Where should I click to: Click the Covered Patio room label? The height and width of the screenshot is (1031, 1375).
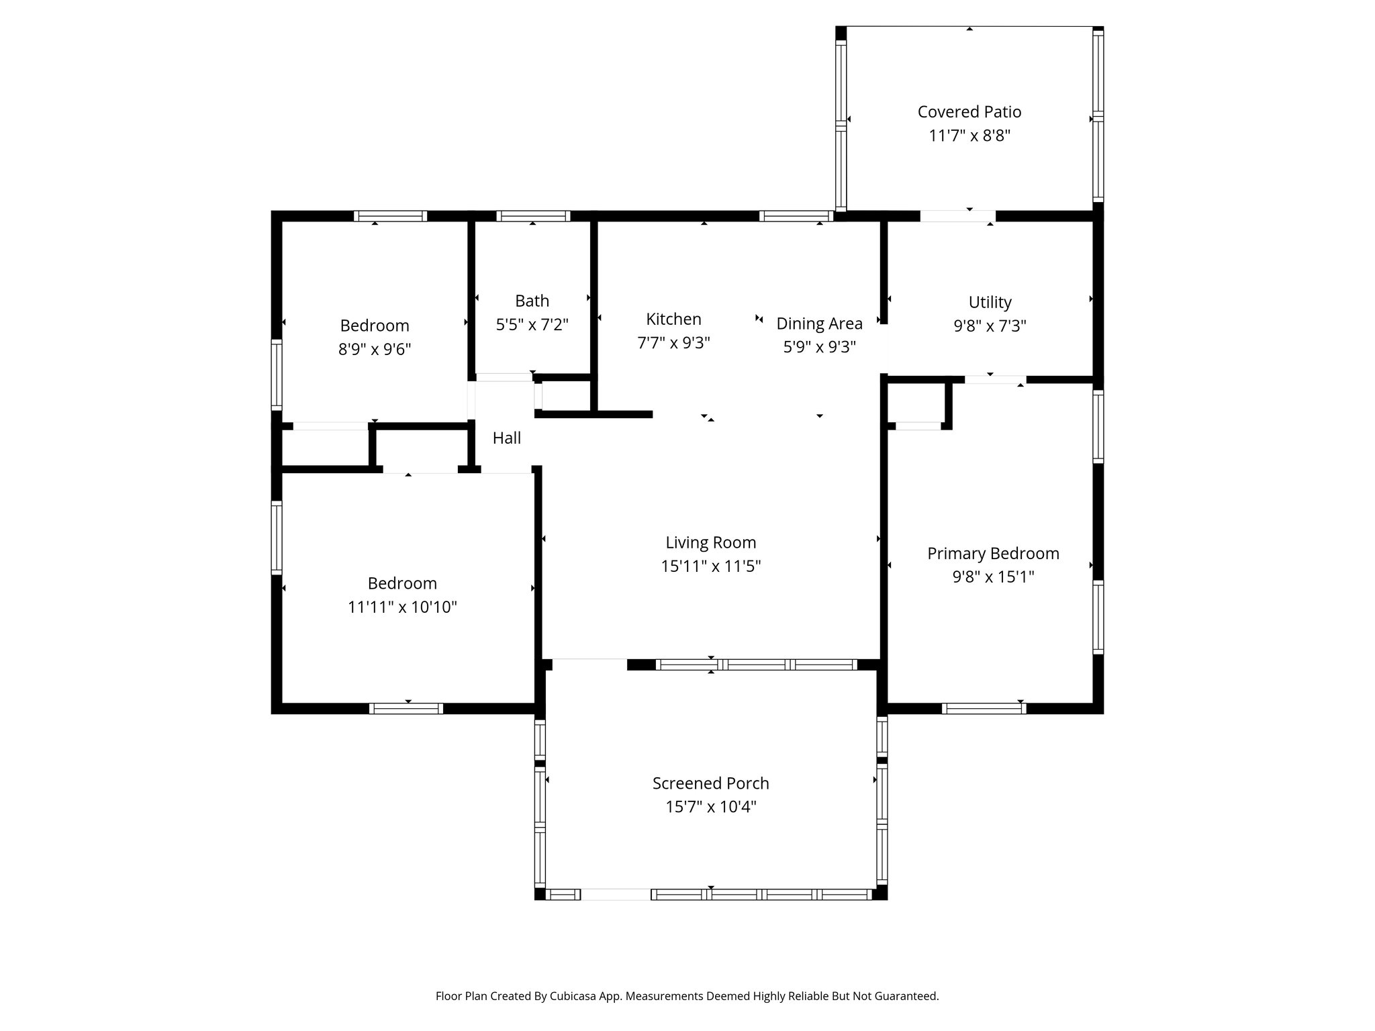(x=969, y=111)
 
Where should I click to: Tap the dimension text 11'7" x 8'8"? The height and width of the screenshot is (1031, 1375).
(x=969, y=136)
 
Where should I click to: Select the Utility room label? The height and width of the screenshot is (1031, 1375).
(x=990, y=302)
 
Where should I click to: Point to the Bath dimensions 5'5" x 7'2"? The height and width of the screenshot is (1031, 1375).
(x=532, y=325)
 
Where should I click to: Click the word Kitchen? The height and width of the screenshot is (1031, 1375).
(x=673, y=319)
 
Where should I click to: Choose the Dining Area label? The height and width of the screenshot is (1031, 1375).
(x=819, y=324)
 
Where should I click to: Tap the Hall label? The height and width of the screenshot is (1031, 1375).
(x=506, y=438)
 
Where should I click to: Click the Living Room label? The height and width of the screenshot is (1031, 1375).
(x=710, y=542)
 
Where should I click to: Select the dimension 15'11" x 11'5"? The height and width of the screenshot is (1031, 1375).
(x=710, y=567)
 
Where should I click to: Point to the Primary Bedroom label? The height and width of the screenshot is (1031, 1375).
(x=993, y=553)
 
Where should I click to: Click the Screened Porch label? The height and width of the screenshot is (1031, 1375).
(x=710, y=783)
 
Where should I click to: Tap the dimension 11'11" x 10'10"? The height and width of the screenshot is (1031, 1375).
(x=402, y=607)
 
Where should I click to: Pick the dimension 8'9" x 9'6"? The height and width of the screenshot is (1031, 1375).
(x=375, y=349)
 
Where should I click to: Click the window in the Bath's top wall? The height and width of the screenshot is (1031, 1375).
(x=533, y=216)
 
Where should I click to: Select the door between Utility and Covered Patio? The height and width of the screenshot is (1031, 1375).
(x=957, y=216)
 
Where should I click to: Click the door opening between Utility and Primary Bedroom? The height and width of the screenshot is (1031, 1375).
(x=995, y=380)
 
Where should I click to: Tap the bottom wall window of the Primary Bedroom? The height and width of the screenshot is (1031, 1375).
(x=984, y=708)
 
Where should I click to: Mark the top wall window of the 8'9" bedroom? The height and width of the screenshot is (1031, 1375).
(x=390, y=216)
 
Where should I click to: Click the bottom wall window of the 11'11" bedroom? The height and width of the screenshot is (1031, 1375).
(x=406, y=708)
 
